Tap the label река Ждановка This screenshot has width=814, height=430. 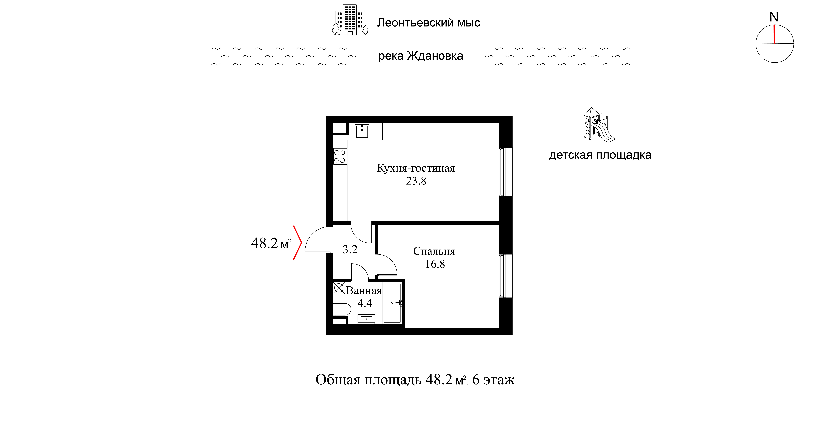point(421,56)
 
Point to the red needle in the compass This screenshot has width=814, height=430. point(774,34)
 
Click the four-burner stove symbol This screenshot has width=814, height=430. point(340,156)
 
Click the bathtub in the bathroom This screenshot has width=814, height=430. point(392,303)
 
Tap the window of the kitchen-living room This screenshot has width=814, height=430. point(505,172)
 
